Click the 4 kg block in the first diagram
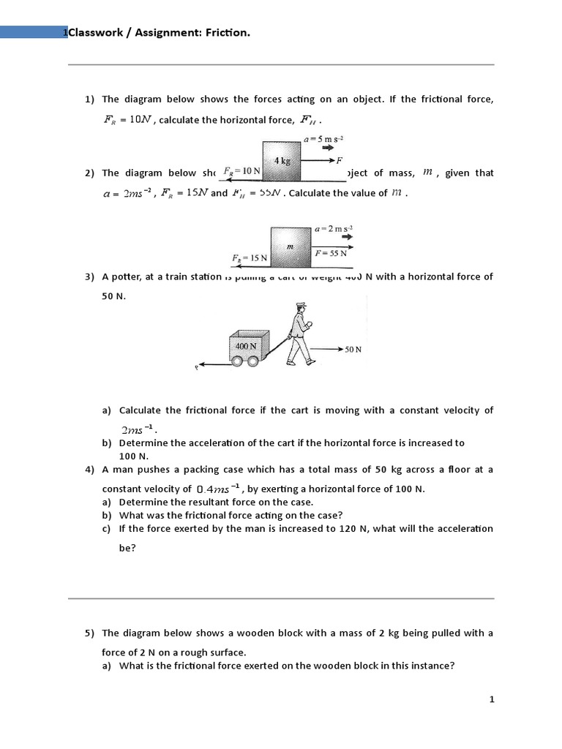tap(282, 161)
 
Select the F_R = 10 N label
tap(241, 170)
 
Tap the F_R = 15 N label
tap(250, 258)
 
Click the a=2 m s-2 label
tap(333, 229)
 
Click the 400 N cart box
tap(246, 345)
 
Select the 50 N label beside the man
tap(353, 350)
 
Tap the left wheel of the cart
tap(237, 361)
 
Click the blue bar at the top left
tap(32, 31)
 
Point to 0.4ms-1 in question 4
tap(217, 489)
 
